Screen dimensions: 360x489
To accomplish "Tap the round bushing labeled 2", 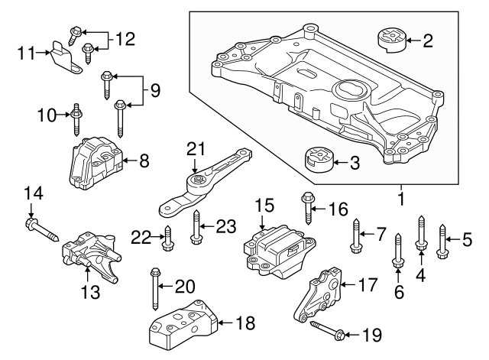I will coord(389,41).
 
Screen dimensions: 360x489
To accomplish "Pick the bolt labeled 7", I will coord(355,235).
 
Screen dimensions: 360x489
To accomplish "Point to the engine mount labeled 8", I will coord(95,162).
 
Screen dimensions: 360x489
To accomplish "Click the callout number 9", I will coord(155,91).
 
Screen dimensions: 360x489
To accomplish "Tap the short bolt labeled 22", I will coord(168,240).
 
